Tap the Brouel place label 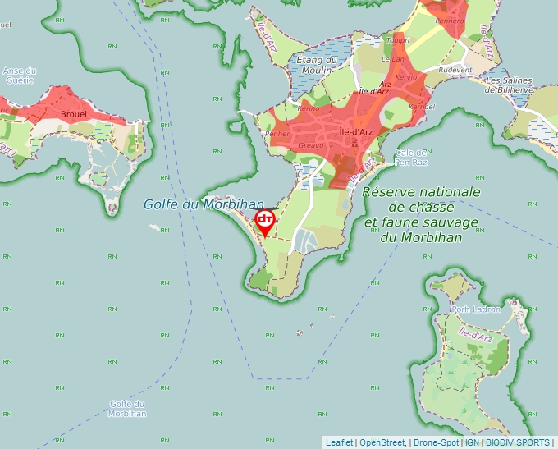74,113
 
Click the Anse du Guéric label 19,76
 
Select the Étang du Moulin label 318,64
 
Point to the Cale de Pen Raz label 411,157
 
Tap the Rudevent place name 455,71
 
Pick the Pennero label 450,21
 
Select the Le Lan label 393,59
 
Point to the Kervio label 407,76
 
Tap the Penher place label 279,133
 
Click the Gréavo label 312,145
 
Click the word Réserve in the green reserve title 390,192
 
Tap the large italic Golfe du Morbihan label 204,204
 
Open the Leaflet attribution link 339,442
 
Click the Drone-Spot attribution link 436,442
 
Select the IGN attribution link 473,442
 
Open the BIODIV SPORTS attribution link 518,442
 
